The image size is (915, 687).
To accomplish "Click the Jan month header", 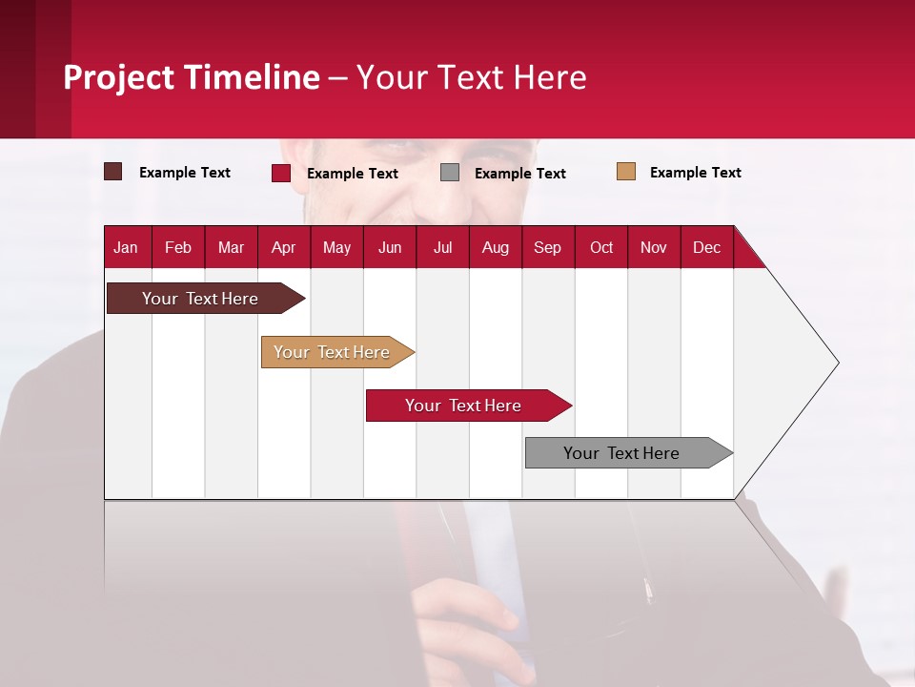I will tap(127, 247).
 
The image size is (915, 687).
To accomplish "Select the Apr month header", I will tap(284, 247).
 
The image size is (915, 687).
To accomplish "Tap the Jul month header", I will tap(443, 247).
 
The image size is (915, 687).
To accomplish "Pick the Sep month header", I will tap(548, 247).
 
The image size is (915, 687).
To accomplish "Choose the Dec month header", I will tap(707, 247).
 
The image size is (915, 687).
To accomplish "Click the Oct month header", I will tap(601, 247).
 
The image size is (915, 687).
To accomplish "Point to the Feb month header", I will tap(178, 247).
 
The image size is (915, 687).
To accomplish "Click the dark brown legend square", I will tap(113, 172).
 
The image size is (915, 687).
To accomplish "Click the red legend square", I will tap(281, 173).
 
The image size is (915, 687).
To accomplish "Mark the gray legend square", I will tap(450, 173).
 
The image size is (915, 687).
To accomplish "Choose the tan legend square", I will tap(626, 172).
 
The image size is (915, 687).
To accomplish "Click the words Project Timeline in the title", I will tap(192, 77).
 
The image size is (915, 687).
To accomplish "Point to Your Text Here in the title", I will tap(472, 77).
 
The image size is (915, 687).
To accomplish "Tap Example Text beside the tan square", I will tap(696, 173).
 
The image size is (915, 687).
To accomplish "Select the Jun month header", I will tap(390, 247).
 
